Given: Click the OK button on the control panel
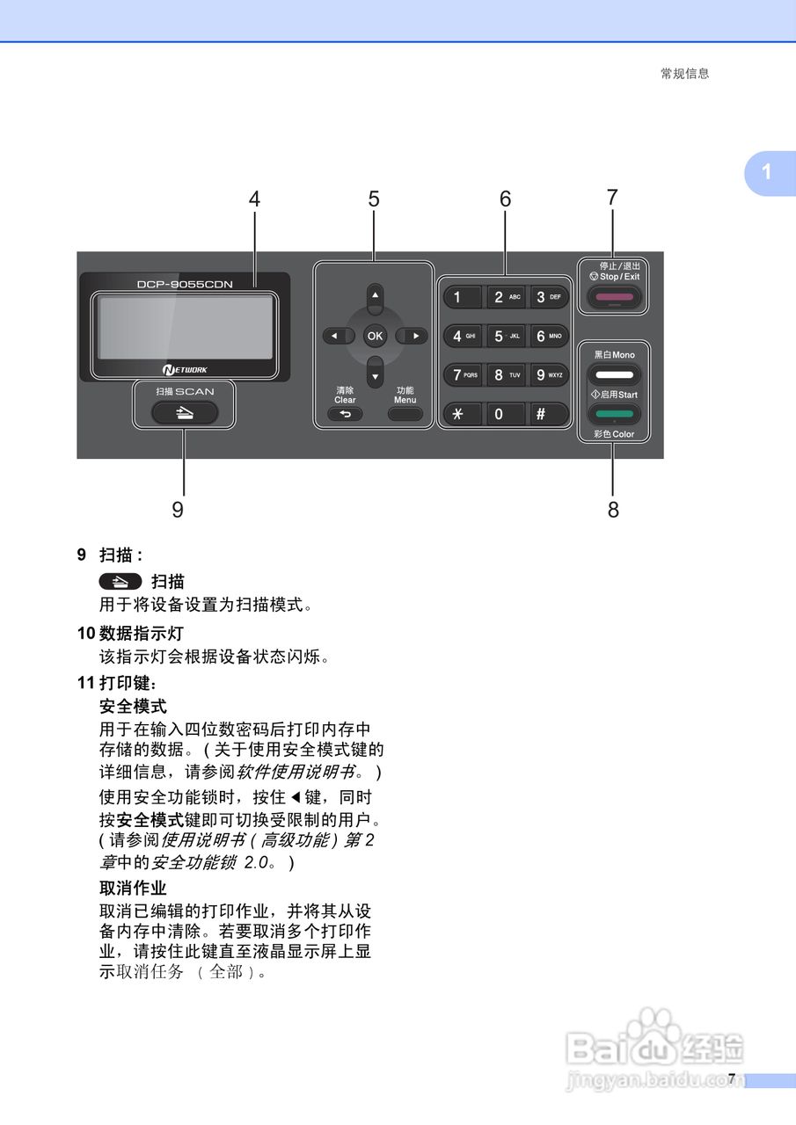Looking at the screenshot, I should point(375,336).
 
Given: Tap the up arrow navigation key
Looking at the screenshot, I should point(375,298).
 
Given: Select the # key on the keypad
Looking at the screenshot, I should point(540,414).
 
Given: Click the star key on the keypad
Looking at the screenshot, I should point(456,414).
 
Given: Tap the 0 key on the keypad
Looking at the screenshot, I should point(499,414).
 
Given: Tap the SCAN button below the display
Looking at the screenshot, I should point(185,411).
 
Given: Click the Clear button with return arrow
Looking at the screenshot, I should point(345,414).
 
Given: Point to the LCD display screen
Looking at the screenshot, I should point(186,326).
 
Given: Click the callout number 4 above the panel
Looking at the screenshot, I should point(254,200).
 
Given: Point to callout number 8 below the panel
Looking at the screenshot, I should point(613,510).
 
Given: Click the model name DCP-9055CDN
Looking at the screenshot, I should point(185,284).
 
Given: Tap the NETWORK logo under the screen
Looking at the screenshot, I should point(185,369).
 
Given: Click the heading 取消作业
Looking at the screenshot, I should point(133,888).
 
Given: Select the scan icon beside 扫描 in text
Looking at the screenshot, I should point(120,581).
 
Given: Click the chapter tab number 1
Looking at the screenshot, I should point(767,171).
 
